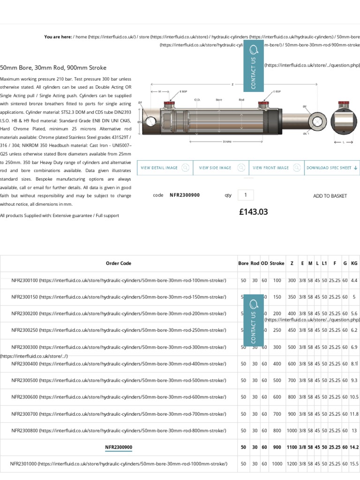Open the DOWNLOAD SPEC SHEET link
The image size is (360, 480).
[x=332, y=168]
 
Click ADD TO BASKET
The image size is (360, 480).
[x=330, y=196]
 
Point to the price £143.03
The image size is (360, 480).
[x=253, y=212]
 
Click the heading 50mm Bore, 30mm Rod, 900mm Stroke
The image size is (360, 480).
[x=53, y=68]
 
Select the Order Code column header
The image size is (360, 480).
[x=119, y=263]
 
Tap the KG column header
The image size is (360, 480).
[x=354, y=263]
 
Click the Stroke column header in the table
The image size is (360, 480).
[x=277, y=263]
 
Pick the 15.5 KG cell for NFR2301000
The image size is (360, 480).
[x=354, y=464]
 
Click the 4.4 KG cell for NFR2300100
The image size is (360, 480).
[x=354, y=280]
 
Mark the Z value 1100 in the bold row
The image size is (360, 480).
[x=292, y=447]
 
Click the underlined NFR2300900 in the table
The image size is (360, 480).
[x=119, y=447]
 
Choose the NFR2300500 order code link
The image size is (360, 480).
[x=119, y=381]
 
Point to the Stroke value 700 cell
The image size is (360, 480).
[x=277, y=414]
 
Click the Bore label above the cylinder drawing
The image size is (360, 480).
[x=219, y=100]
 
